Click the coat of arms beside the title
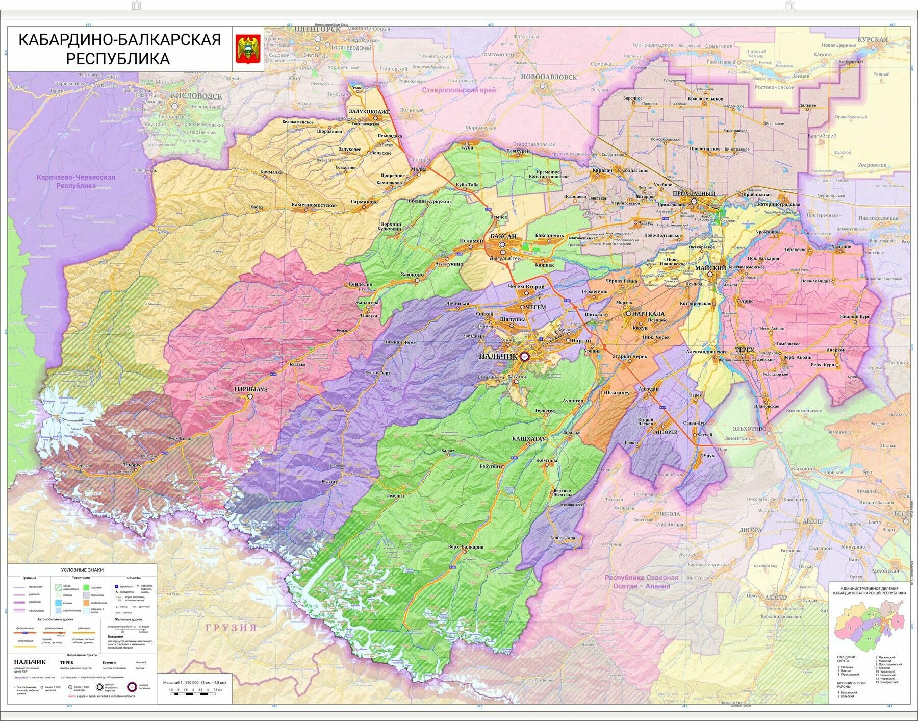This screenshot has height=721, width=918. [248, 49]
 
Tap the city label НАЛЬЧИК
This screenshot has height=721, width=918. [498, 357]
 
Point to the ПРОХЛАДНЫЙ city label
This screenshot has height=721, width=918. [694, 194]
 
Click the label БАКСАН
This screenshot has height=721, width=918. [503, 237]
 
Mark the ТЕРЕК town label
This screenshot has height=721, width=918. [745, 350]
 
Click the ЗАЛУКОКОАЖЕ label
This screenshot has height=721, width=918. [369, 111]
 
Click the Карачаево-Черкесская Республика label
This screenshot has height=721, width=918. [75, 182]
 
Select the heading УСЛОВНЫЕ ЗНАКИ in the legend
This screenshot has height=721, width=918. [82, 570]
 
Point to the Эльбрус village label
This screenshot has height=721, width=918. [132, 465]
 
